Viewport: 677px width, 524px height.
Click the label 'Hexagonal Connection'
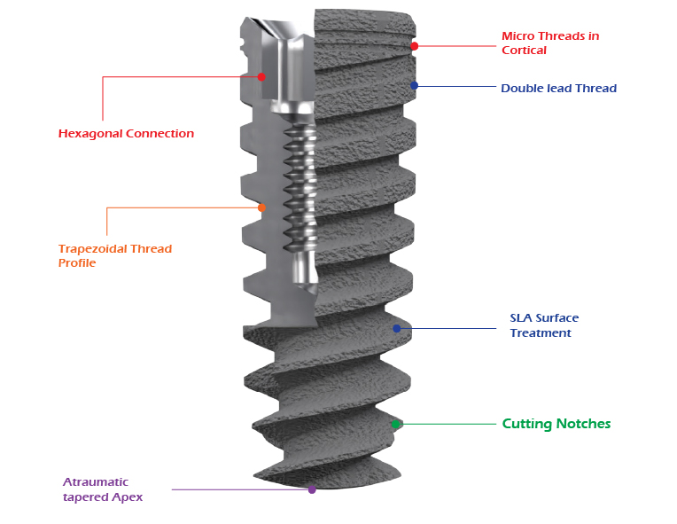pyautogui.click(x=126, y=134)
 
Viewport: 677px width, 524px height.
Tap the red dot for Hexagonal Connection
pyautogui.click(x=261, y=76)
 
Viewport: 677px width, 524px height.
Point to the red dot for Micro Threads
pyautogui.click(x=414, y=45)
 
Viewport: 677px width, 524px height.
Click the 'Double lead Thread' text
pyautogui.click(x=558, y=88)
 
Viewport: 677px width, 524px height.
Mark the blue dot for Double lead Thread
pyautogui.click(x=414, y=86)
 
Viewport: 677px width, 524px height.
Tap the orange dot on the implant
pyautogui.click(x=261, y=207)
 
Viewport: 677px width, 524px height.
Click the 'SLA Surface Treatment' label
pyautogui.click(x=544, y=325)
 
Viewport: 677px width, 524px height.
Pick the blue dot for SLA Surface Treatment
pyautogui.click(x=397, y=328)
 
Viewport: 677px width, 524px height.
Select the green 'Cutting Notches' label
pyautogui.click(x=556, y=424)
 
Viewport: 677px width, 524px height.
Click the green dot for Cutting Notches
pyautogui.click(x=395, y=425)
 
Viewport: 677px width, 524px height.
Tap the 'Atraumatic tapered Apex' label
pyautogui.click(x=103, y=489)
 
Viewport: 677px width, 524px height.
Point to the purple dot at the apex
pyautogui.click(x=311, y=489)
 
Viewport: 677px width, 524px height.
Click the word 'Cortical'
pyautogui.click(x=524, y=51)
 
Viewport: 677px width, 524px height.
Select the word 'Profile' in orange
pyautogui.click(x=77, y=262)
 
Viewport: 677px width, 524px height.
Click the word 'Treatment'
pyautogui.click(x=541, y=333)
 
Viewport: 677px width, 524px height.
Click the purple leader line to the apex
pyautogui.click(x=239, y=489)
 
